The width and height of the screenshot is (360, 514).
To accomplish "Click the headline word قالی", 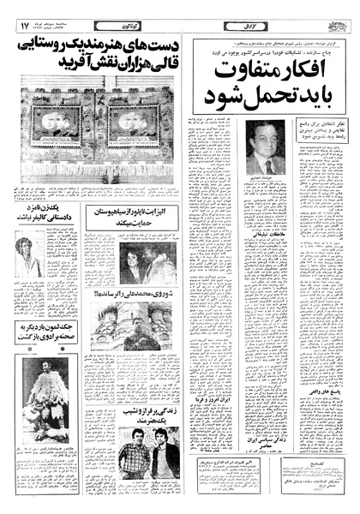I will coord(159,63).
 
